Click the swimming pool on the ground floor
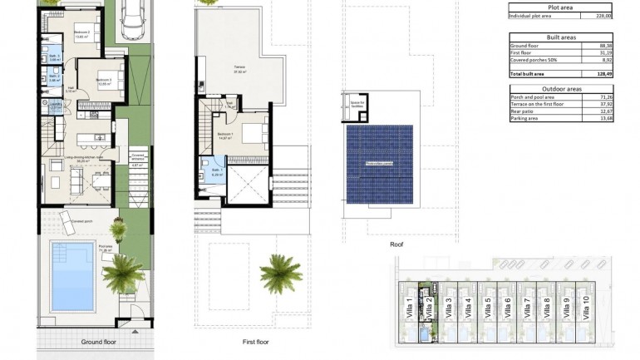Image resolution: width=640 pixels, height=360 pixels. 72,275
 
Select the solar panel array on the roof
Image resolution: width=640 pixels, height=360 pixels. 379,162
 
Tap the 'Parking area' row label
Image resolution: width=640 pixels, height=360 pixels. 525,117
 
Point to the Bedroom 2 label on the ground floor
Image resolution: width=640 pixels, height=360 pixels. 82,33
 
